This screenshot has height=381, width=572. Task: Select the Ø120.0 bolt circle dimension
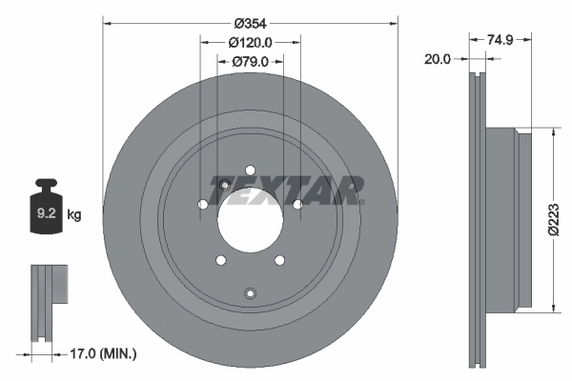coord(251,42)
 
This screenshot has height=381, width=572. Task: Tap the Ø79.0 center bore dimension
coord(251,62)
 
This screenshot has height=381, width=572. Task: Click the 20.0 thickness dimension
coord(438,58)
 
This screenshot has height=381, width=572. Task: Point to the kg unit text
coord(74,215)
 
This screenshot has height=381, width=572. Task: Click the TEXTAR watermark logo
coord(292,190)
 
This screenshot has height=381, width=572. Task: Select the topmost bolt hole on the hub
coord(251,170)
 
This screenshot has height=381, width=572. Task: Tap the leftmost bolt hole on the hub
coord(202,205)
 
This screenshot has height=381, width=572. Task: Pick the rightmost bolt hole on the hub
coord(297,205)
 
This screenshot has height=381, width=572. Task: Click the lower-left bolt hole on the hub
coord(220,261)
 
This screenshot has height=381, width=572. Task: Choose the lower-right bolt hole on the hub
coord(280,261)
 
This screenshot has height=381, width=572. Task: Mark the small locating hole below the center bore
coord(251,293)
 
